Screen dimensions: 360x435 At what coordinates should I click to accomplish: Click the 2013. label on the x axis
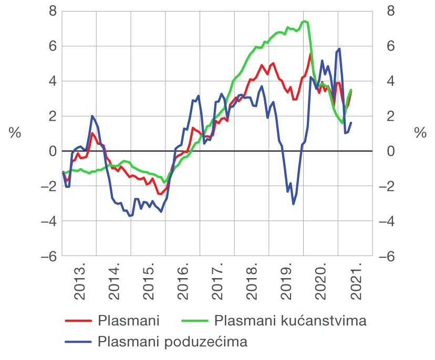79,284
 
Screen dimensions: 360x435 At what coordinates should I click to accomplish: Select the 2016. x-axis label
183,284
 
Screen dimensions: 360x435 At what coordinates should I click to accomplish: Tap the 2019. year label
286,284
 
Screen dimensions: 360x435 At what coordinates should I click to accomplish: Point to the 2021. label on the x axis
356,284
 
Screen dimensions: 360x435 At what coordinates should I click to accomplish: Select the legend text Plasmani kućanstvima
290,320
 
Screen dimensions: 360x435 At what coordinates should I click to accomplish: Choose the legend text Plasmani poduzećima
172,342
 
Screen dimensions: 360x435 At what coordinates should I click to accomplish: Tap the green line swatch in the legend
194,320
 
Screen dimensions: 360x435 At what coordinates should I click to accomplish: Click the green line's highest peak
305,21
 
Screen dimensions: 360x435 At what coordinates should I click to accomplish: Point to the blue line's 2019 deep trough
293,204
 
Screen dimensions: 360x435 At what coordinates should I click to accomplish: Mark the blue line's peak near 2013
92,116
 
